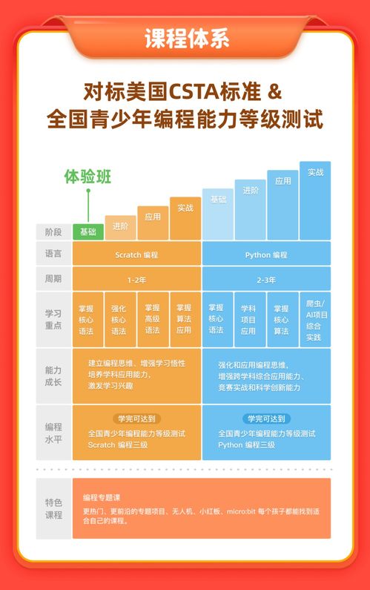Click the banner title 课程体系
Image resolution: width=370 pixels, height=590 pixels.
(x=185, y=36)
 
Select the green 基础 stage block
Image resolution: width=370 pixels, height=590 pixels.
(x=88, y=232)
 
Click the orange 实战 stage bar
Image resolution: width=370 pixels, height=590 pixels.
(x=185, y=217)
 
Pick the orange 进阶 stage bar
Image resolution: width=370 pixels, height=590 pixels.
(x=120, y=227)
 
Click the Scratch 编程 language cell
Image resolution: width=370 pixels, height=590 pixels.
(x=136, y=255)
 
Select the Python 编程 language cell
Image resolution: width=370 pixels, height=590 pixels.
(x=266, y=255)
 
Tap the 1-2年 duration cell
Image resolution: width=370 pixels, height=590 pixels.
(x=136, y=280)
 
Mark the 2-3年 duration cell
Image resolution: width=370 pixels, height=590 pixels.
(x=266, y=280)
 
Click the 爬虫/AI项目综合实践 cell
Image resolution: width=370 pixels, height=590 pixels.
(x=315, y=320)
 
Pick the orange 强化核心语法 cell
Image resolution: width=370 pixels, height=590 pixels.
(x=119, y=320)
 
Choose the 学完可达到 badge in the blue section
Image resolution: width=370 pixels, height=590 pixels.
(x=266, y=419)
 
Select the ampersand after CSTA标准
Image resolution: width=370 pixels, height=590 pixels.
(x=274, y=94)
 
